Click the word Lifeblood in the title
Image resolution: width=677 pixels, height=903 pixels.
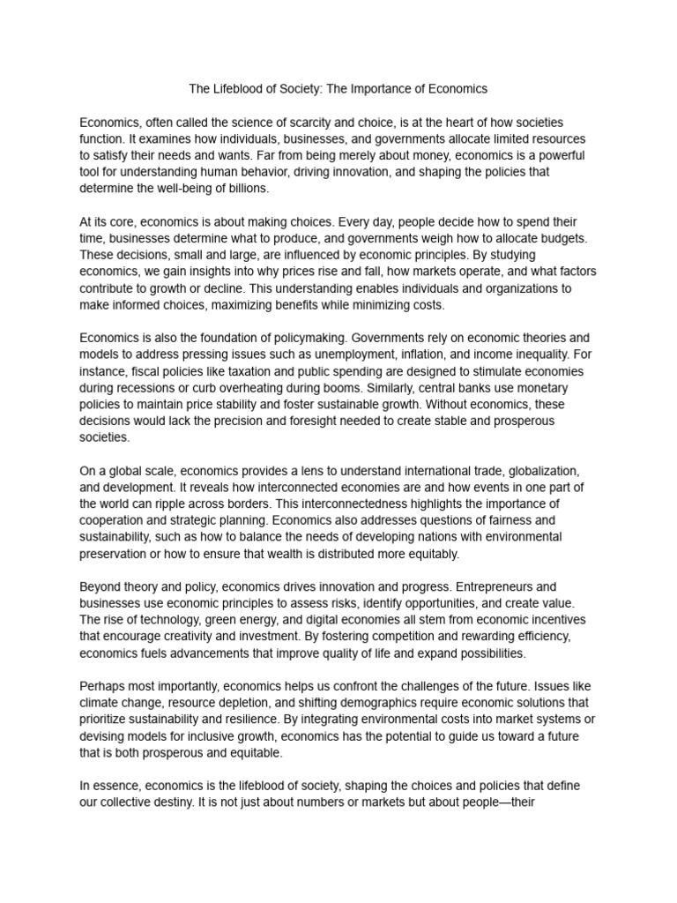(241, 89)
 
